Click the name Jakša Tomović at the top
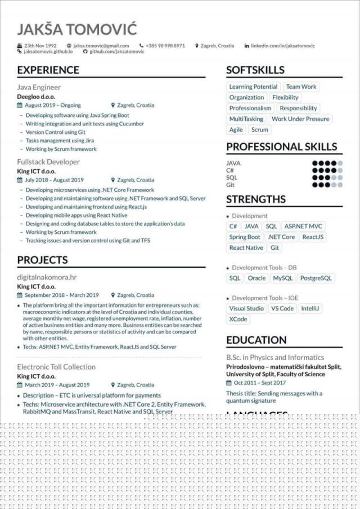click(x=77, y=29)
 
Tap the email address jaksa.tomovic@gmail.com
click(x=101, y=46)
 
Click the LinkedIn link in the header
click(x=282, y=46)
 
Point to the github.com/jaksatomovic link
click(x=117, y=51)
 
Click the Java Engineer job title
click(x=39, y=87)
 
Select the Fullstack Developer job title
click(x=48, y=162)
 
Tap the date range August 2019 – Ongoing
click(x=53, y=105)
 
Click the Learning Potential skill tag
click(x=253, y=87)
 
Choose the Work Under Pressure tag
click(x=300, y=119)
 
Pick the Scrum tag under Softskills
click(x=259, y=129)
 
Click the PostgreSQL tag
click(x=316, y=278)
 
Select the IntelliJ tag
click(x=310, y=308)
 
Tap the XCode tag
click(x=238, y=319)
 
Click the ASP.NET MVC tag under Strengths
click(x=303, y=226)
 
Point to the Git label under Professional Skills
click(x=231, y=184)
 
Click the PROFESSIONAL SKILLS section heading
click(x=281, y=147)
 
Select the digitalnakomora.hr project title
click(x=47, y=277)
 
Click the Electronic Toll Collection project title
click(x=56, y=367)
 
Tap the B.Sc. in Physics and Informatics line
click(x=275, y=357)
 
